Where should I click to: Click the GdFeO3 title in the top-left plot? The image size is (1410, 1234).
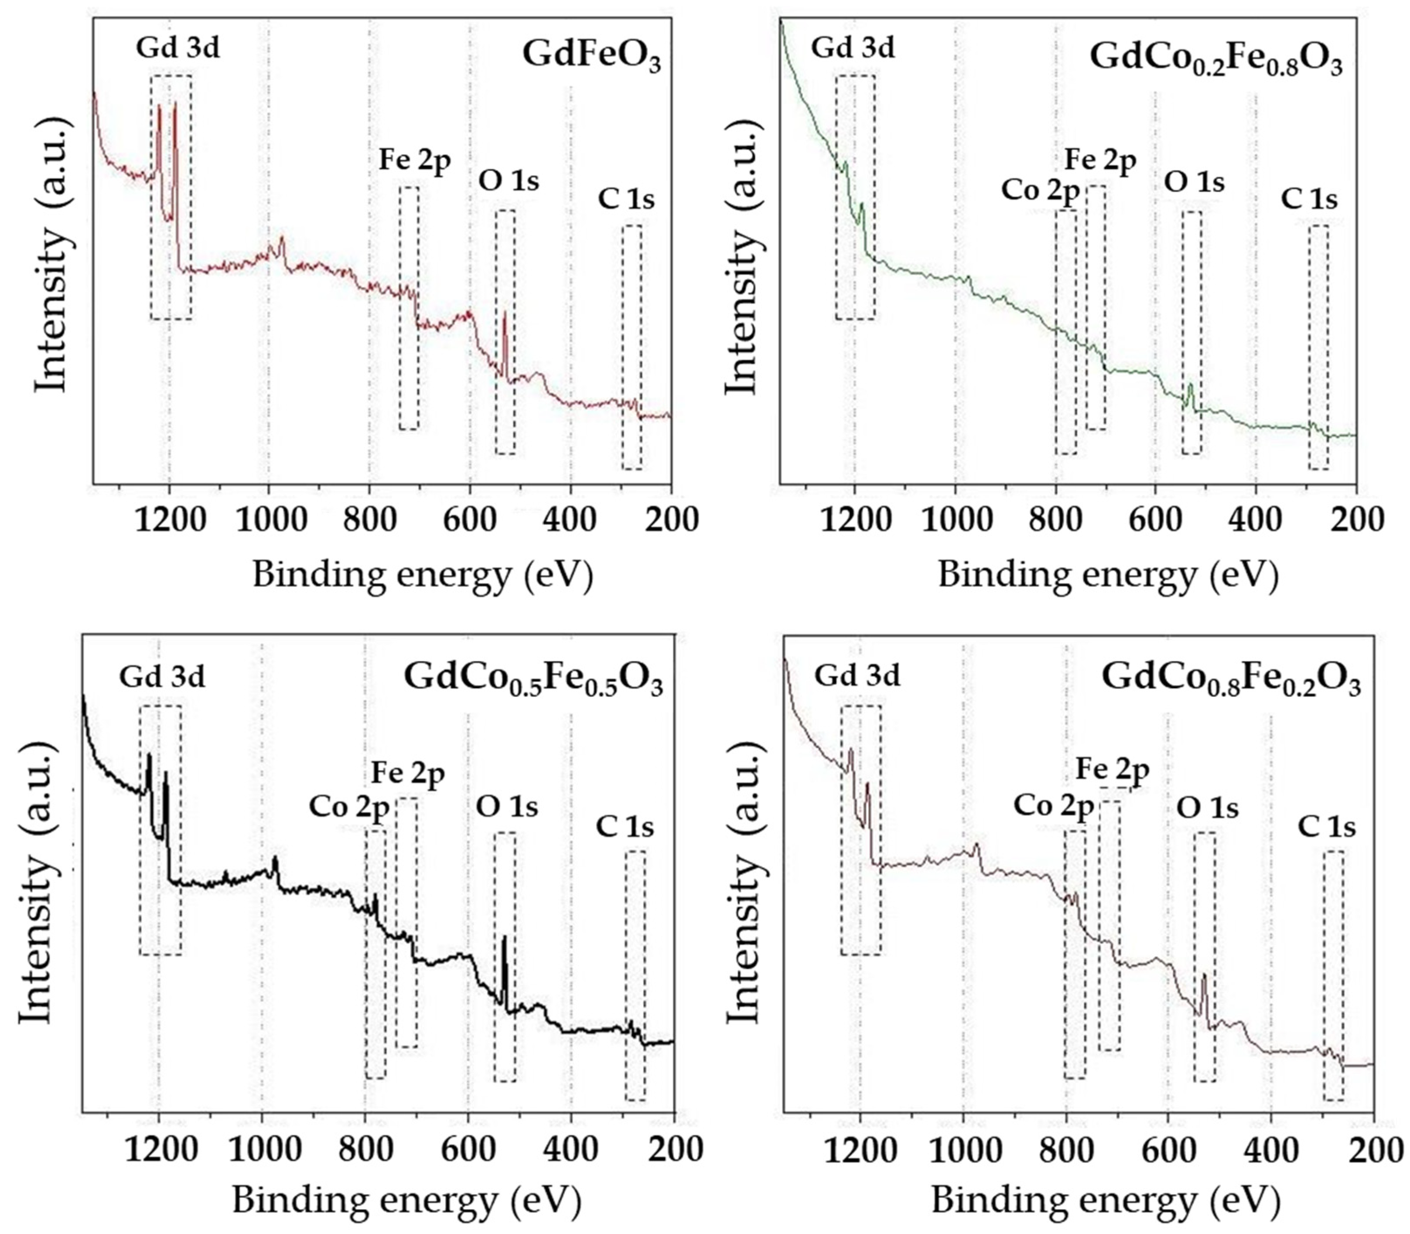click(591, 55)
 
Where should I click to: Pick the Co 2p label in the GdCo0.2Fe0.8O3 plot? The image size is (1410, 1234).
click(1040, 191)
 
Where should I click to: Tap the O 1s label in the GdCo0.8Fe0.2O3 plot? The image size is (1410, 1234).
click(1207, 808)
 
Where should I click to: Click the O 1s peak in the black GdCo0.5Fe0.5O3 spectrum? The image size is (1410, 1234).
click(504, 940)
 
